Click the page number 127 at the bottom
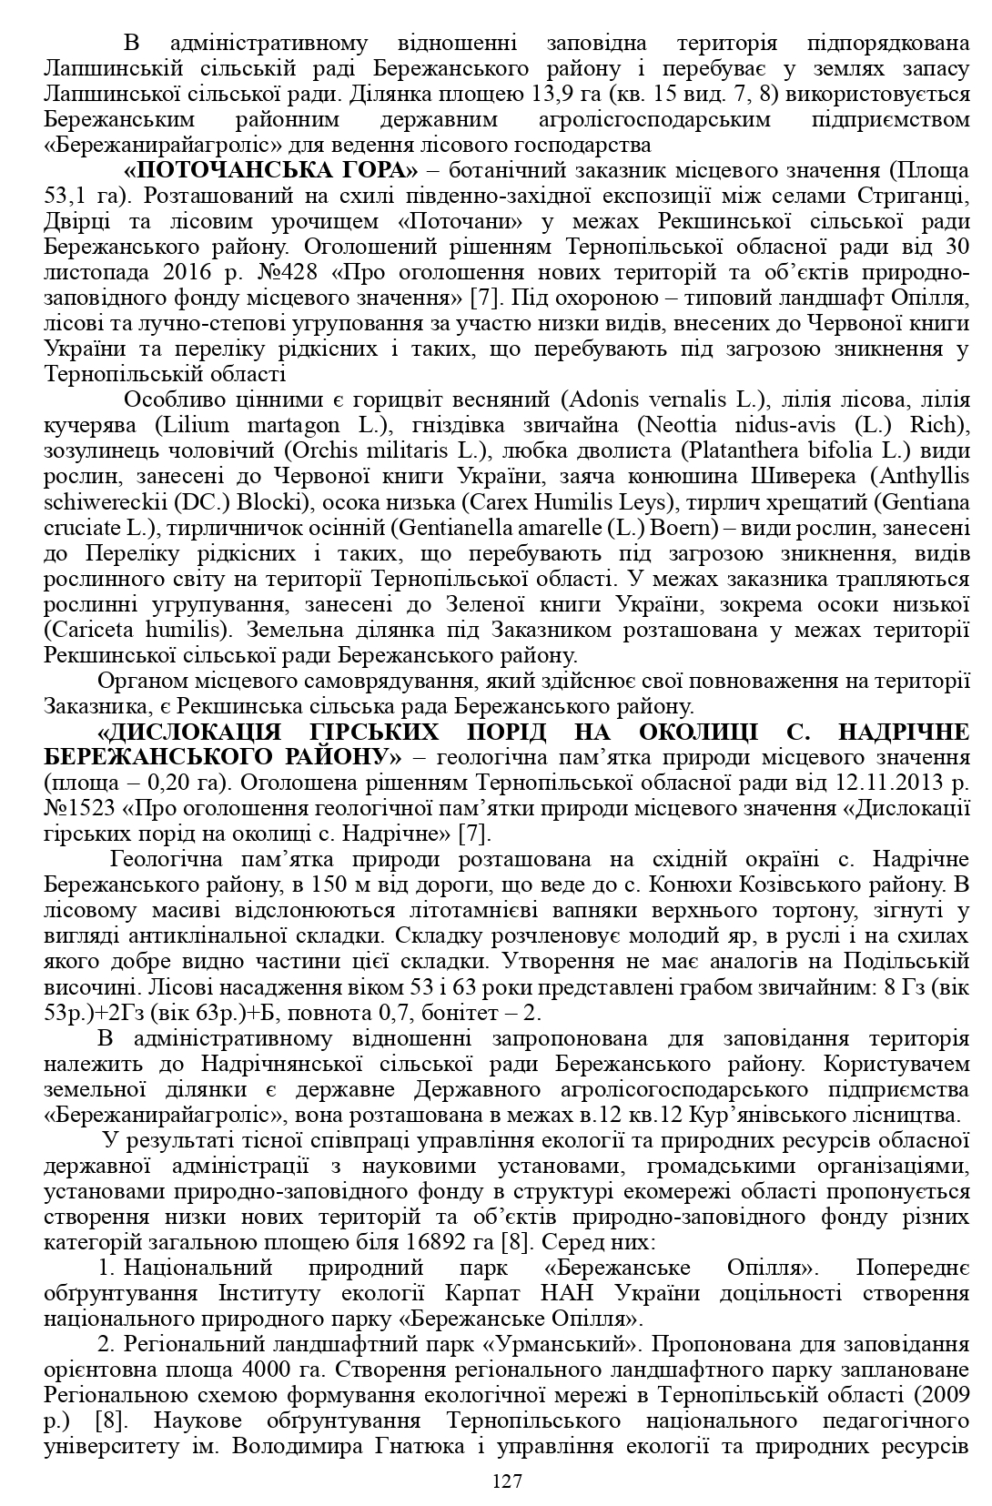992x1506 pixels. coord(507,1481)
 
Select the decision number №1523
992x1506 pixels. coord(76,808)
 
